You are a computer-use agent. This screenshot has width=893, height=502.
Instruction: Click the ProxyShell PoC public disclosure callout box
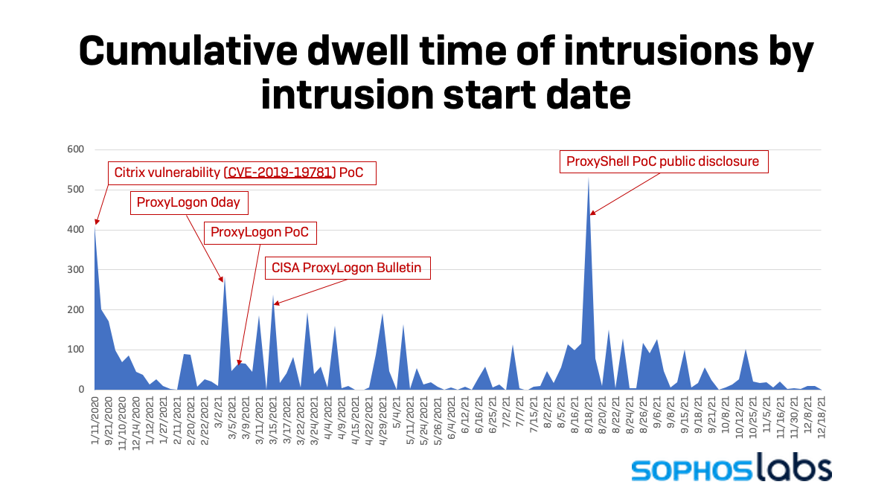[x=662, y=161]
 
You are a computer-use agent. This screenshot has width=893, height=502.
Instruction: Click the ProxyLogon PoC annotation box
[x=259, y=233]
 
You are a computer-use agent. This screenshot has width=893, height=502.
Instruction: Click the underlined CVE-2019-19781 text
[x=279, y=174]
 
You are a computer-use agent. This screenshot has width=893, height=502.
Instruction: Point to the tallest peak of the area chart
[x=589, y=178]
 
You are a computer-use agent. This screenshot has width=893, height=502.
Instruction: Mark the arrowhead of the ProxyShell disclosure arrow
[x=592, y=213]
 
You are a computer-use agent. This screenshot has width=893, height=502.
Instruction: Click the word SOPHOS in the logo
[x=689, y=470]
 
